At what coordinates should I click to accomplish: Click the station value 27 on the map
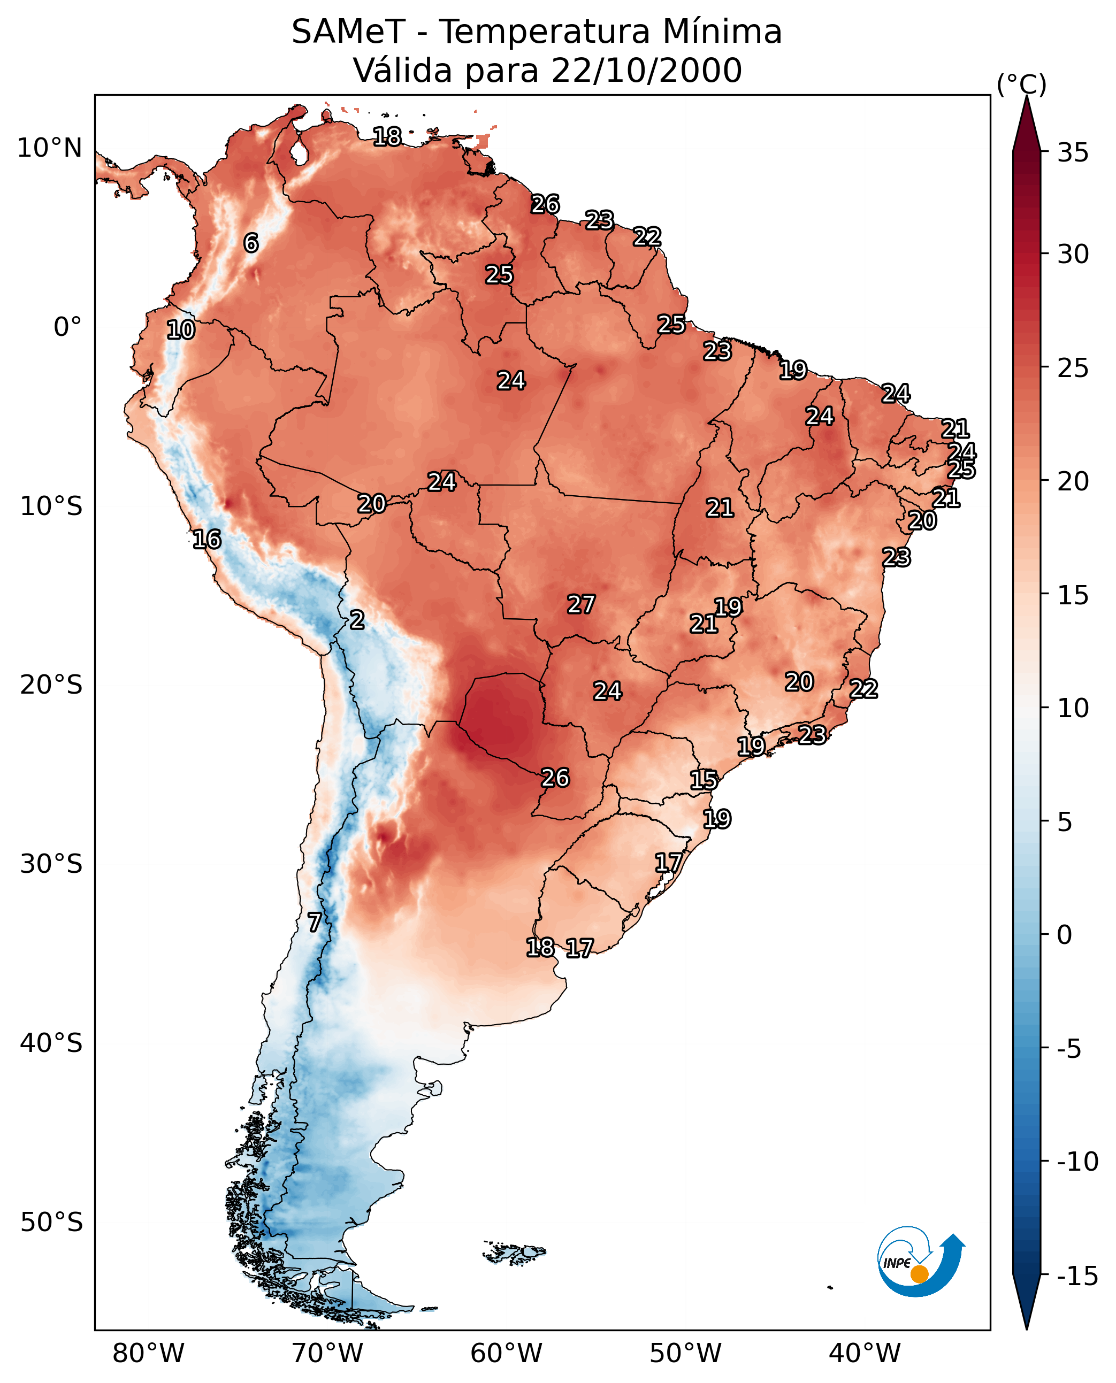tap(580, 604)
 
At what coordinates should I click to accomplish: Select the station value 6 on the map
tap(251, 243)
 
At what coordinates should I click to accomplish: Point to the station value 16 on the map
tap(207, 539)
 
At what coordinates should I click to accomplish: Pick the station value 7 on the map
tap(314, 922)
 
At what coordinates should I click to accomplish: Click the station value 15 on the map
tap(704, 780)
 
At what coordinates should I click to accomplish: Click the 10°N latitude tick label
tap(50, 149)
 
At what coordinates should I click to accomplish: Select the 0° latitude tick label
tap(67, 327)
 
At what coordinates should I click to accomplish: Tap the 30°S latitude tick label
tap(51, 864)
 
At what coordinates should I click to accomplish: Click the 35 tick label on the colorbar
tap(1073, 153)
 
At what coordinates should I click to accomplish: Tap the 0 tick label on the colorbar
tap(1065, 935)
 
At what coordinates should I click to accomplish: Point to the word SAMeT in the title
tap(348, 32)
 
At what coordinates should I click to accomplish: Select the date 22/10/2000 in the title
tap(647, 70)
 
